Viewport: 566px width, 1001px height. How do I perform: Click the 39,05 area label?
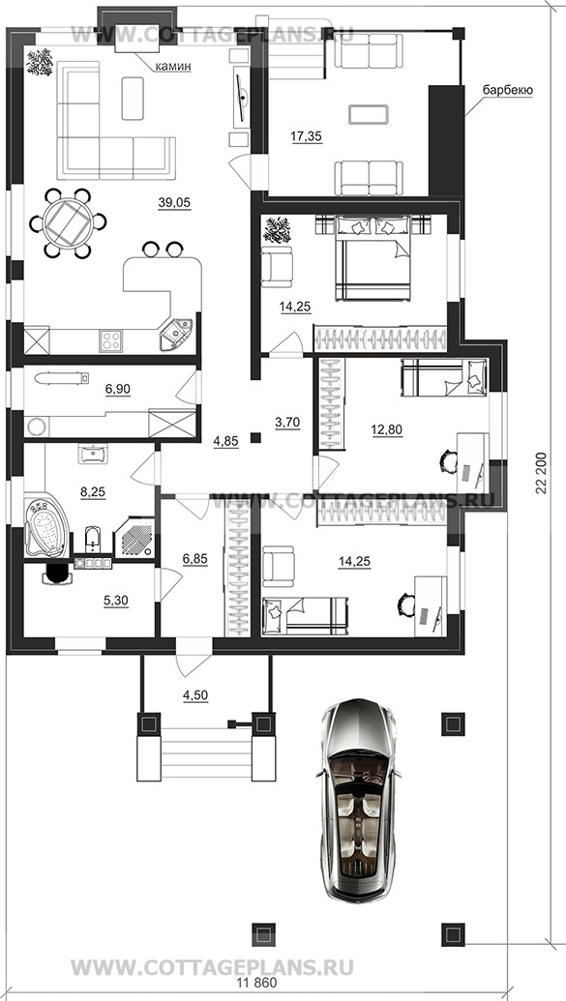tap(174, 202)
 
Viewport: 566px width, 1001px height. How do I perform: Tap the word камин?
tap(171, 66)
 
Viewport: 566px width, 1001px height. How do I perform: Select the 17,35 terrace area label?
tap(307, 136)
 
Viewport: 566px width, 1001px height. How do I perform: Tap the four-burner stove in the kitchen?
tap(110, 339)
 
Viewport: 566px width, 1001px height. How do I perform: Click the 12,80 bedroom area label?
tap(385, 429)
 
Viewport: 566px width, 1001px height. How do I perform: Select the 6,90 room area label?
tap(117, 389)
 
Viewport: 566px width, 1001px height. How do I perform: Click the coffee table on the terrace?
tap(368, 114)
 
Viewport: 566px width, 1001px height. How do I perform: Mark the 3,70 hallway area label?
tap(286, 421)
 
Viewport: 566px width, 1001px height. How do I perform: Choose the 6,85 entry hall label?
tap(195, 560)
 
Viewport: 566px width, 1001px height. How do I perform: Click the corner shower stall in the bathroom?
tap(134, 538)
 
